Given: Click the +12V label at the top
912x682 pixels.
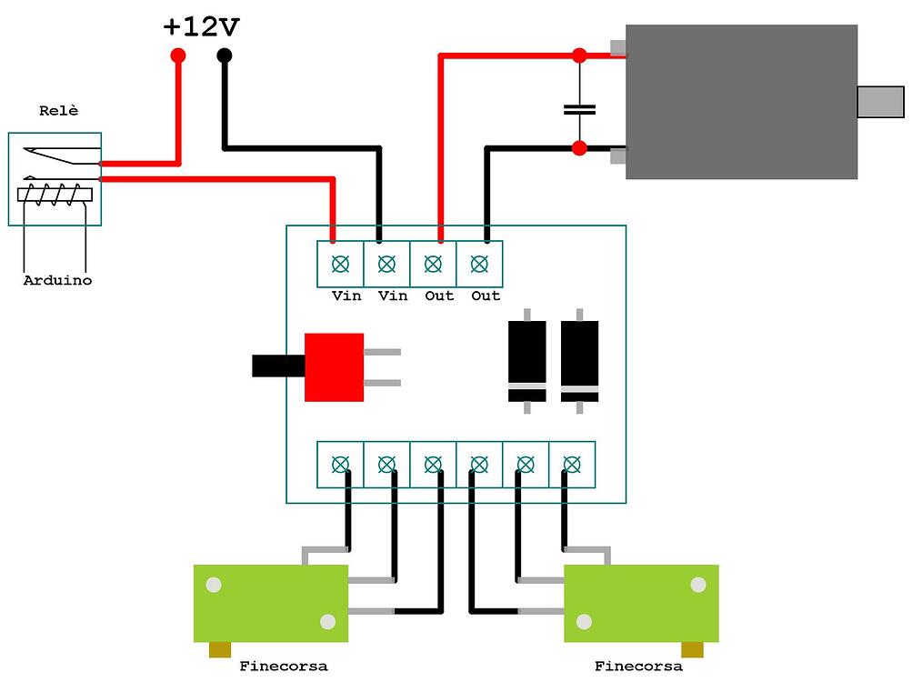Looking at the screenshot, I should click(201, 26).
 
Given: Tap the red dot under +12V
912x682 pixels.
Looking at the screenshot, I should click(177, 55).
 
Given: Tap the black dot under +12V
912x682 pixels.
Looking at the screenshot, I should click(224, 55).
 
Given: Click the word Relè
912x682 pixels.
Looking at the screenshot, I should click(59, 111).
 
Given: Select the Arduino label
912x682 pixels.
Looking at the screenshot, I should click(57, 281).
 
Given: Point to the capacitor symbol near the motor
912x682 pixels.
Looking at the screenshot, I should click(579, 109).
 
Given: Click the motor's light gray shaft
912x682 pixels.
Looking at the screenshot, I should click(880, 102).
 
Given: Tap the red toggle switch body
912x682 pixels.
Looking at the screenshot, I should click(334, 366).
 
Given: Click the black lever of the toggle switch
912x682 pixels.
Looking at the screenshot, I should click(277, 366).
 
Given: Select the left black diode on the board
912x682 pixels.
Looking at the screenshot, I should click(526, 362).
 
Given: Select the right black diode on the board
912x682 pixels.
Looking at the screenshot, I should click(579, 362).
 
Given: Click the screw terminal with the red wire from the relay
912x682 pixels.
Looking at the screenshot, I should click(340, 265).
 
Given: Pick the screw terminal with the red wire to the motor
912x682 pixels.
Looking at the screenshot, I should click(434, 265).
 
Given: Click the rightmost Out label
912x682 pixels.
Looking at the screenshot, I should click(486, 296).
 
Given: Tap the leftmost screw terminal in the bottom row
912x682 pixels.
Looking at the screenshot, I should click(340, 465).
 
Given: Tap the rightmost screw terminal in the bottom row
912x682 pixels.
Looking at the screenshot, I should click(572, 465).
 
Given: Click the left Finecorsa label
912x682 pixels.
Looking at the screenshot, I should click(283, 667).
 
